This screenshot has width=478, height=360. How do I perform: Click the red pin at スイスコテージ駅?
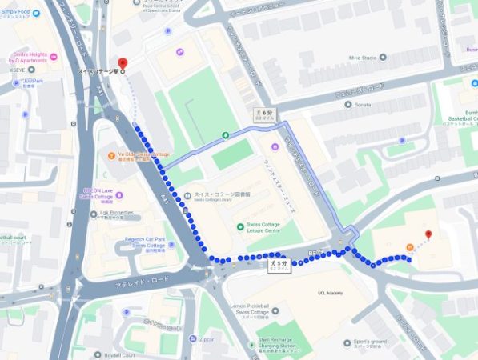coord(122,62)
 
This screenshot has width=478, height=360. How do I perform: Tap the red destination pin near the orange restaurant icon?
coord(428,234)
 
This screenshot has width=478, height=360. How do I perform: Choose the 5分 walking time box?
coord(279,265)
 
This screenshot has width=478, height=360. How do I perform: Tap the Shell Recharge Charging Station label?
coord(284,328)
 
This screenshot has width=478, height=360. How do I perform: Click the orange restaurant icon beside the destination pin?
coord(410,246)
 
